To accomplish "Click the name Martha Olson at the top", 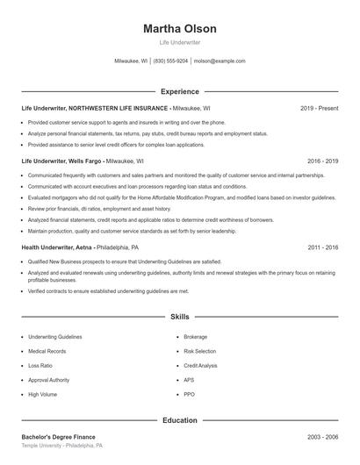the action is coord(179,29).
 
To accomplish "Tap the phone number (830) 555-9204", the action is coord(170,61).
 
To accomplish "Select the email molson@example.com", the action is coord(220,61).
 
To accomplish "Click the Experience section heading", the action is coord(179,91).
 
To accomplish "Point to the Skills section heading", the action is coord(179,316).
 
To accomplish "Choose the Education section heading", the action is coord(179,420).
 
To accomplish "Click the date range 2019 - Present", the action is coord(319,108).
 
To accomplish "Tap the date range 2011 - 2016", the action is coord(322,247).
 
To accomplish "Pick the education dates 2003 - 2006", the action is coord(322,437).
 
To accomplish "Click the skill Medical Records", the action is coord(47,351).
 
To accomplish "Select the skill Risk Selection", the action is coord(199,351).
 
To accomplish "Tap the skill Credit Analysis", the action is coord(200,365).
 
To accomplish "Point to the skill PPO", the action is coord(189,395).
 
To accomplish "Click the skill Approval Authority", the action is coord(48,380).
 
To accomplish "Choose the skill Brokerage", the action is coord(195,336).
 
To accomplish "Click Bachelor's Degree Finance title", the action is coord(58,437).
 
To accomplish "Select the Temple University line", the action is coord(62,446).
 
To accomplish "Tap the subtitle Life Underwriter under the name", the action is coord(179,42).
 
